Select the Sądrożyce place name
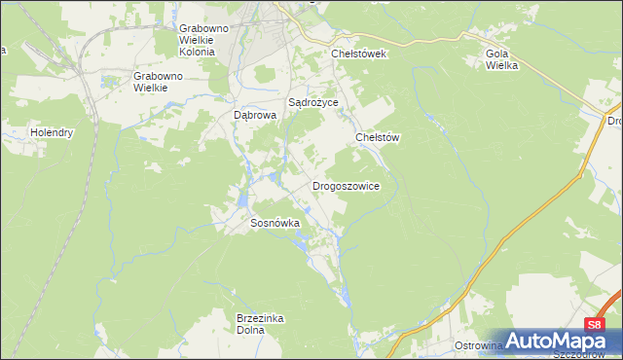pyautogui.click(x=312, y=101)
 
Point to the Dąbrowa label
pyautogui.click(x=256, y=114)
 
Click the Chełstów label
pyautogui.click(x=378, y=138)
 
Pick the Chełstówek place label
pyautogui.click(x=358, y=54)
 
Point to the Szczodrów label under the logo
pyautogui.click(x=583, y=354)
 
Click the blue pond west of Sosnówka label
pyautogui.click(x=239, y=200)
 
